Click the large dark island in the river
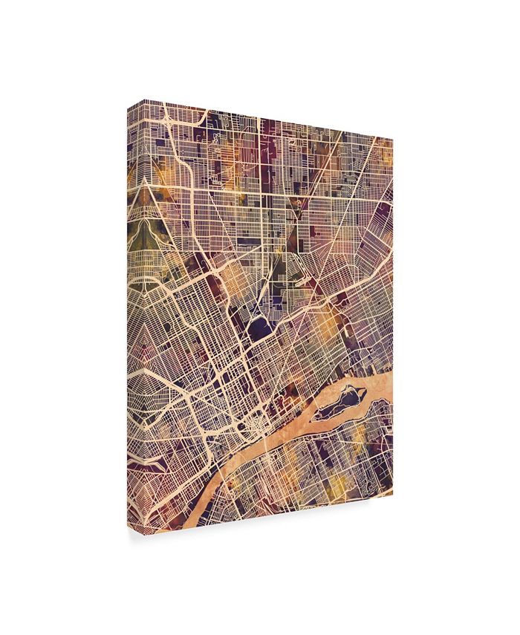343,405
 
